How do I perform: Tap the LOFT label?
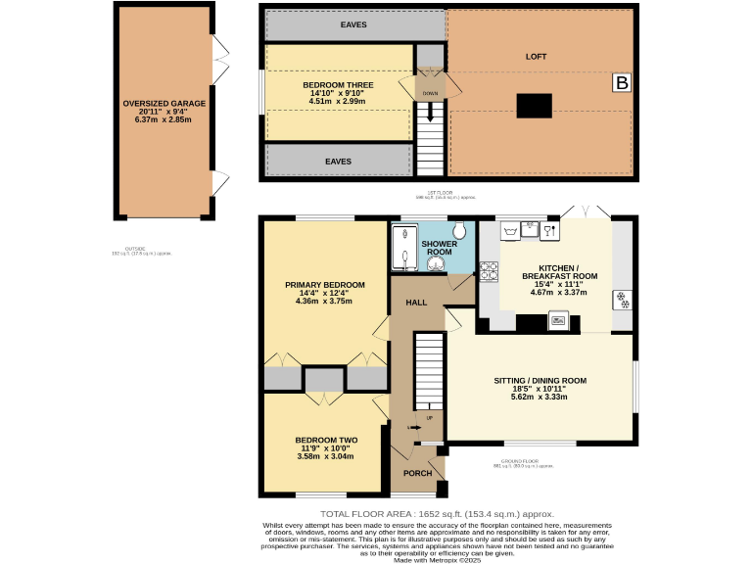(x=534, y=57)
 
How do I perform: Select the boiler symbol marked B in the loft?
(x=622, y=84)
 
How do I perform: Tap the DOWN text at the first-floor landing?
(x=430, y=94)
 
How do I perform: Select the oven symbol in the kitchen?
(x=558, y=318)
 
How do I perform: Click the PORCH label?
(x=418, y=473)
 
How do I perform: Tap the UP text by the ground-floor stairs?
(x=428, y=418)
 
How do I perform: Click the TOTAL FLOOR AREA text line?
(x=437, y=514)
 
